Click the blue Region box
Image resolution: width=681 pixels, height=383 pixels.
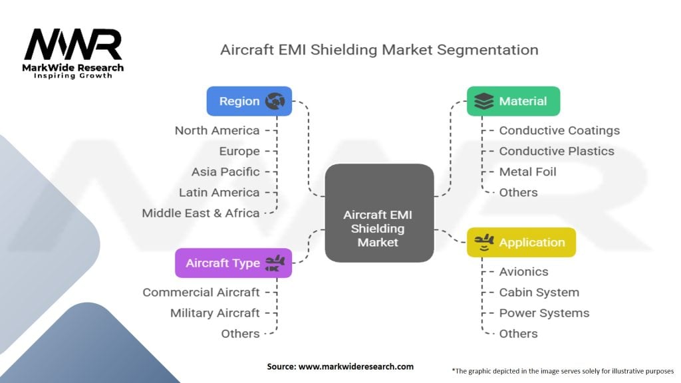[x=249, y=101]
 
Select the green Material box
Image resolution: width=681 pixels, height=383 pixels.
[x=513, y=101]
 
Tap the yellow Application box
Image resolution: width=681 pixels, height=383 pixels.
[x=521, y=242]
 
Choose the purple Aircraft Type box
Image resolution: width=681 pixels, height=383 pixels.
[x=233, y=263]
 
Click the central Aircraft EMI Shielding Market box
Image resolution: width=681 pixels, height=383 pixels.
[x=379, y=213]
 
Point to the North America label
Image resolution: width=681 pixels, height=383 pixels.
[x=217, y=130]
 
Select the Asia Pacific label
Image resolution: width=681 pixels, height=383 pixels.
[x=225, y=172]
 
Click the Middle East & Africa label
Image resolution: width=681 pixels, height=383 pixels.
[x=201, y=213]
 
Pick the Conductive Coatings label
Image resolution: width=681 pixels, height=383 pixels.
[x=559, y=130]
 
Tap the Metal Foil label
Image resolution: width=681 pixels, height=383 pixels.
[x=527, y=172]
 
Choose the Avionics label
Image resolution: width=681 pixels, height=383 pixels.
[x=524, y=271]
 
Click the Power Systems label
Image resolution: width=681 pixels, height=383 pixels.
[x=544, y=313]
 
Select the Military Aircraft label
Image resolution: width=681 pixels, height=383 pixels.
[x=215, y=313]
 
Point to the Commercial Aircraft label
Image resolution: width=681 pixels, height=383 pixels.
[x=201, y=293]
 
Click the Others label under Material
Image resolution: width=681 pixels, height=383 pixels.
[x=518, y=192]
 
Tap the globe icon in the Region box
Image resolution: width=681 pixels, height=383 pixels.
[x=275, y=101]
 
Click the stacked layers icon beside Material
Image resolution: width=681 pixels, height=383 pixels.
[x=484, y=101]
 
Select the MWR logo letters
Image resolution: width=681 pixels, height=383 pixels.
[x=73, y=45]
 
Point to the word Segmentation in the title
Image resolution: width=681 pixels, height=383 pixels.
[x=487, y=50]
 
